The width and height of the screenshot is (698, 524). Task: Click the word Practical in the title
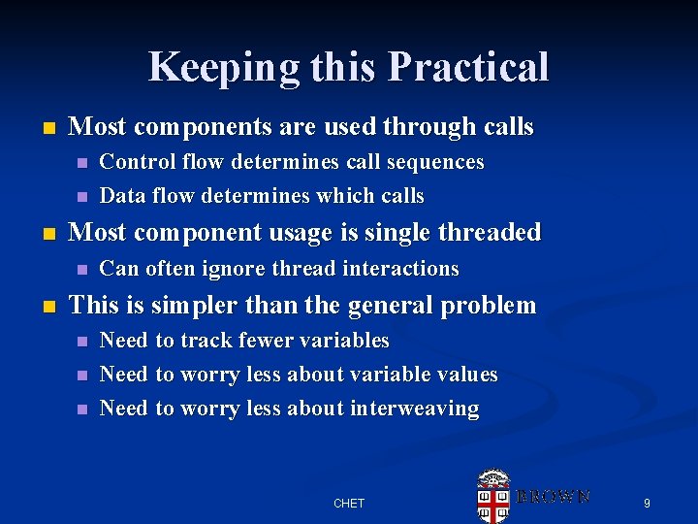(x=468, y=68)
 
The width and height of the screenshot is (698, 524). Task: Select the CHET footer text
(x=349, y=503)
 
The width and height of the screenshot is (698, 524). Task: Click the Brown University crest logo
(x=493, y=495)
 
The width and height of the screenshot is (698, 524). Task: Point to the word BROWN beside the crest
(x=553, y=496)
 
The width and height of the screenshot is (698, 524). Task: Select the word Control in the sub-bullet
(x=134, y=162)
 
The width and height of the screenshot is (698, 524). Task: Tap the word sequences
(x=434, y=162)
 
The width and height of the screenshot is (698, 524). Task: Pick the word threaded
(x=492, y=233)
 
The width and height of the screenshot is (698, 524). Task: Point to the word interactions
(x=399, y=269)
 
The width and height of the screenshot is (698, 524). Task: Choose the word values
(x=464, y=375)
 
